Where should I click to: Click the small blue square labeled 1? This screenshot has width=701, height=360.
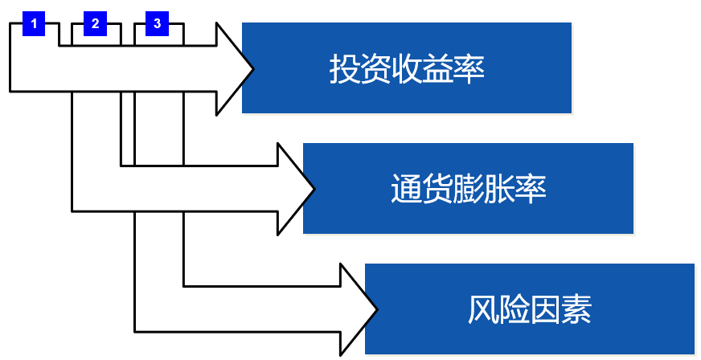(34, 24)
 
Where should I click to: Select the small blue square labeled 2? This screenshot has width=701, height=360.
(95, 24)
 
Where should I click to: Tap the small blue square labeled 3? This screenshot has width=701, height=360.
(157, 24)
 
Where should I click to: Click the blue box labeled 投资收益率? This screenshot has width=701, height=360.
(406, 67)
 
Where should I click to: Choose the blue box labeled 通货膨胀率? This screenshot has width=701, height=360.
(468, 189)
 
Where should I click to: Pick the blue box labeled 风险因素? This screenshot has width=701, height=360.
(529, 309)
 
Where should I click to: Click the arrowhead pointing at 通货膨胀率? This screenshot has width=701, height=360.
(296, 189)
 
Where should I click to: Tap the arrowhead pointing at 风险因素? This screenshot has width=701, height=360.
(358, 309)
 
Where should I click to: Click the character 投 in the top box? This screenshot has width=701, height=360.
(343, 69)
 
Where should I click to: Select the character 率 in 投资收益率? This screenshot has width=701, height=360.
(469, 69)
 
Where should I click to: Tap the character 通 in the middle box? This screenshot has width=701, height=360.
(405, 190)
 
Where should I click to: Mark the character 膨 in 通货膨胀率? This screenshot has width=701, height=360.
(468, 190)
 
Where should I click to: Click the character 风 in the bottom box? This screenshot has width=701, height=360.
(482, 310)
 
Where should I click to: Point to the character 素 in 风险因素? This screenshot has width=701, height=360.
(576, 310)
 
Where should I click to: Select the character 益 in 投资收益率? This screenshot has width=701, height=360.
(438, 69)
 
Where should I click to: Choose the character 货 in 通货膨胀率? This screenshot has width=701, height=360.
(437, 190)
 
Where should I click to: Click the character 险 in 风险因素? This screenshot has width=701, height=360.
(514, 310)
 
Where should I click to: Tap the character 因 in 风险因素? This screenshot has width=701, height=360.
(545, 310)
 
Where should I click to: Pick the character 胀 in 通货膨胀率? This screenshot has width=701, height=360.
(499, 190)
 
